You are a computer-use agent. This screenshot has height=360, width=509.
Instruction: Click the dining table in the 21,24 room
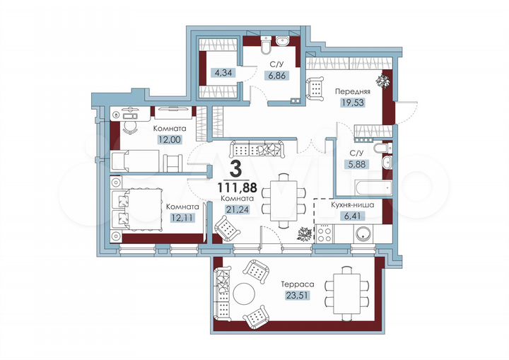tap(284, 199)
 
